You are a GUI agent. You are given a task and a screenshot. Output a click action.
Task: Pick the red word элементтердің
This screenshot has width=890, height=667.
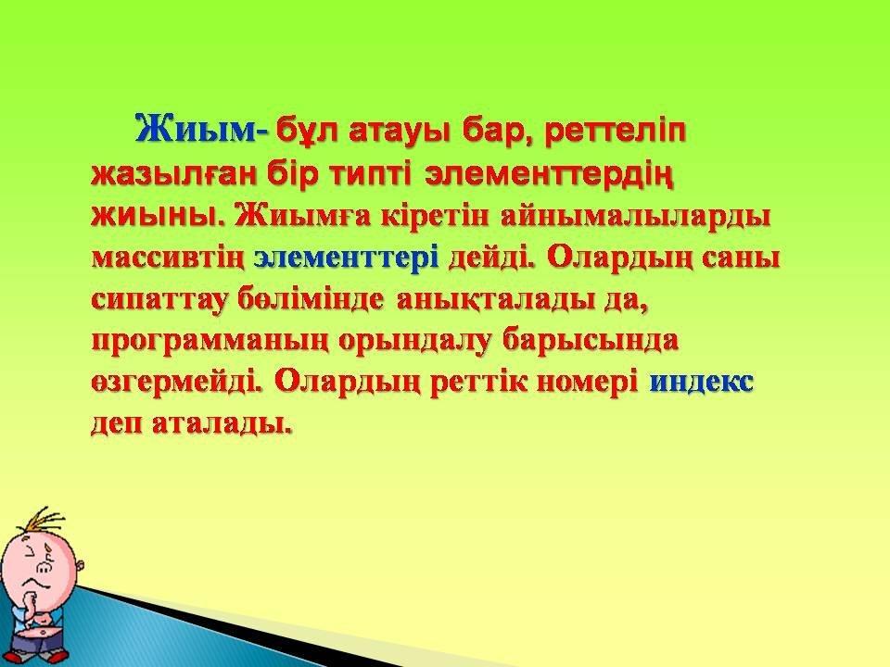pos(549,176)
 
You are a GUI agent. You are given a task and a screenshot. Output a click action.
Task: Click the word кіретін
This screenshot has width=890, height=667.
pos(435,216)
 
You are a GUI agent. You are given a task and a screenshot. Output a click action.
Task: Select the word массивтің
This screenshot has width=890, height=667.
pos(168,258)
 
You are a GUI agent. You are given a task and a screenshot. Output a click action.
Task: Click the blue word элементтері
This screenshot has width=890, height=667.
pos(346,258)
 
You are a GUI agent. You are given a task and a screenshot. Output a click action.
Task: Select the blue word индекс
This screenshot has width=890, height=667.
pos(702,382)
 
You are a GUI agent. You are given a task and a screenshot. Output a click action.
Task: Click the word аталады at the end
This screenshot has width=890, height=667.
pos(223,423)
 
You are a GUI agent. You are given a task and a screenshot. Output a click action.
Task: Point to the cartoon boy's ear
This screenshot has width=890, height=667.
pos(81,565)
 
